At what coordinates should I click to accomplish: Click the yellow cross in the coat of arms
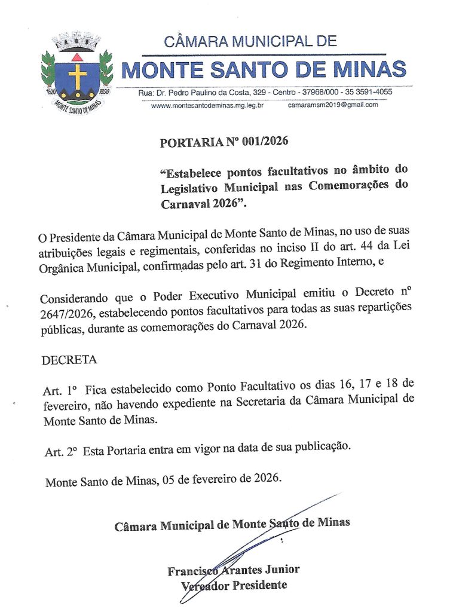(x=76, y=76)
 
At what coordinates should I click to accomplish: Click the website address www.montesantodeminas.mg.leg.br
(x=207, y=105)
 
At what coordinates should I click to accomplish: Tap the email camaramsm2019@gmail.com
(x=333, y=105)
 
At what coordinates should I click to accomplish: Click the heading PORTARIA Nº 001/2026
(x=224, y=142)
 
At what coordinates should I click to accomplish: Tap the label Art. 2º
(x=62, y=451)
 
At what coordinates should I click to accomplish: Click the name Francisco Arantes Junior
(x=234, y=570)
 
